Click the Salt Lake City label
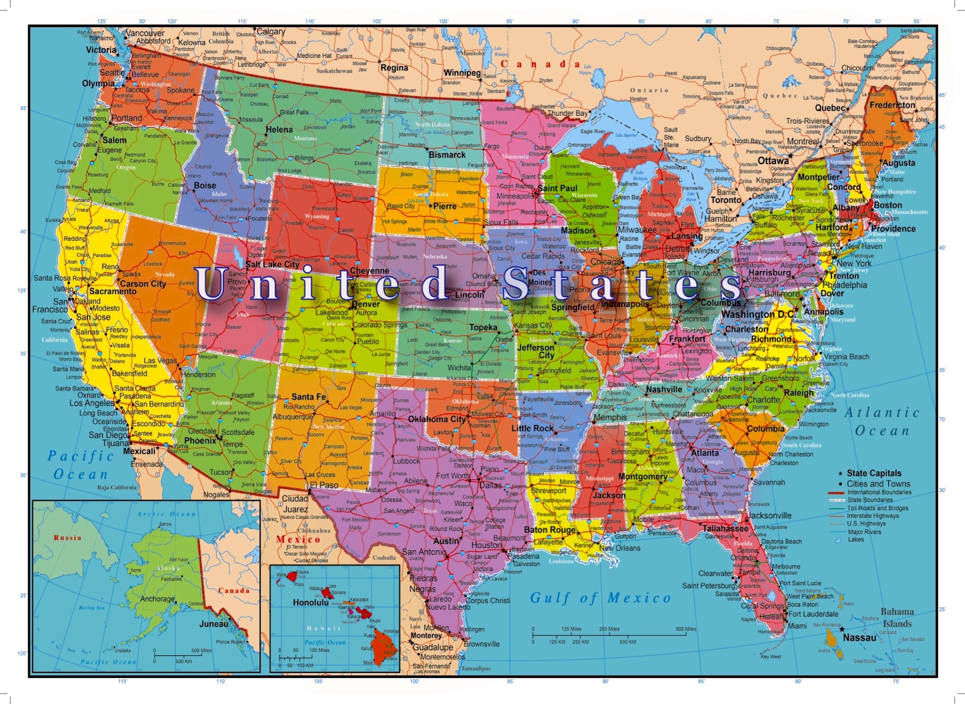click(272, 264)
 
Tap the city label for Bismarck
click(447, 155)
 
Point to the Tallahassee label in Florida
click(725, 528)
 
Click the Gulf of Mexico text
click(600, 598)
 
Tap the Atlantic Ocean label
click(882, 422)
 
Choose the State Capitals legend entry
click(874, 473)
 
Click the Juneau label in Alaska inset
click(214, 624)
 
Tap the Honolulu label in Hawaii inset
click(310, 602)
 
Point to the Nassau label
click(860, 637)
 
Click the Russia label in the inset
click(67, 538)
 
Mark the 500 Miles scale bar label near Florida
click(686, 629)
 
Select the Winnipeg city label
click(462, 73)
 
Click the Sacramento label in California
click(113, 291)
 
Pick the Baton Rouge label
click(550, 530)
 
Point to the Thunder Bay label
click(567, 113)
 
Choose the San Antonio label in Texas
click(424, 552)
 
